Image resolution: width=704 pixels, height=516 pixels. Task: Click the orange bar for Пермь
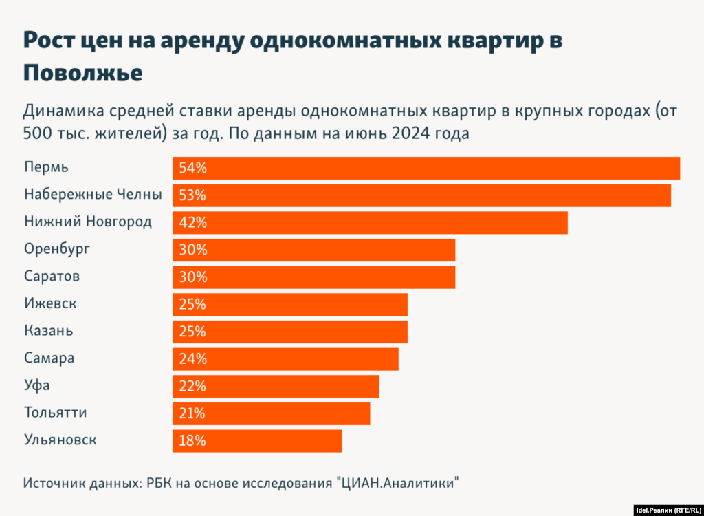[426, 169]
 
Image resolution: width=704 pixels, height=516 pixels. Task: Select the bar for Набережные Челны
[421, 195]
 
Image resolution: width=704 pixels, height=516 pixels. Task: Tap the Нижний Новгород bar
[370, 223]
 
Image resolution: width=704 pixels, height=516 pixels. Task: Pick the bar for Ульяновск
[257, 441]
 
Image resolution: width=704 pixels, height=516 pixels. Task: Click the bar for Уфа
[276, 387]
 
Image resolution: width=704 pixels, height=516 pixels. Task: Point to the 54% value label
[192, 169]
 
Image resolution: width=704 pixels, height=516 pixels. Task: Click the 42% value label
[192, 223]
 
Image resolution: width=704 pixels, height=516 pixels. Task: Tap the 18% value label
[192, 441]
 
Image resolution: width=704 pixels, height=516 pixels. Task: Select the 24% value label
[192, 359]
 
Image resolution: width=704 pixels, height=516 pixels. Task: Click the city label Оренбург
[57, 249]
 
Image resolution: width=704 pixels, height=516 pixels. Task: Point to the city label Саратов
[52, 277]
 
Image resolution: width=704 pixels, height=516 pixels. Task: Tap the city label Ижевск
[50, 303]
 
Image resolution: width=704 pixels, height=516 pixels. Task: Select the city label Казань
[48, 331]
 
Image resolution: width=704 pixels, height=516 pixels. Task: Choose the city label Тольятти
[56, 413]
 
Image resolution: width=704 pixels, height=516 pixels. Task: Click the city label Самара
[49, 358]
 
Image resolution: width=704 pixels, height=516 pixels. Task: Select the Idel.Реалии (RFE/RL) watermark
[668, 510]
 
